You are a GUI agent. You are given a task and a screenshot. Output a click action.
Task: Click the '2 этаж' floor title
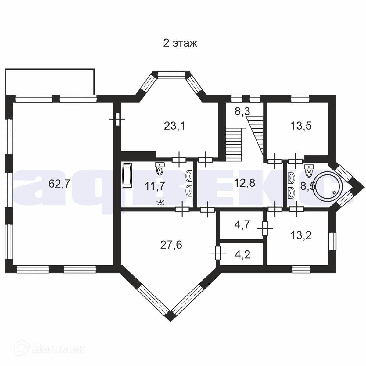coord(180,44)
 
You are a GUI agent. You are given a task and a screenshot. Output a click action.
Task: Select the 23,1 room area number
coord(174,126)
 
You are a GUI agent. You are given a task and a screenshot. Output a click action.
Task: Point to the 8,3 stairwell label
coord(242,112)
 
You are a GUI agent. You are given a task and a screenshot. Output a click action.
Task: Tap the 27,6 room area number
coord(171,245)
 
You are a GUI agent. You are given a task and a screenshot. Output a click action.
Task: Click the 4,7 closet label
coord(242,225)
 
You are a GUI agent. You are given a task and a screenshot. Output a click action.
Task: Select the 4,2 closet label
coord(242,254)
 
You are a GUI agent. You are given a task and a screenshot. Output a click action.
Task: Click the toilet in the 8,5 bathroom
coord(309,170)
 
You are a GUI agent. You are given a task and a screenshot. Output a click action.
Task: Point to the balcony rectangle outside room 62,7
coord(50,81)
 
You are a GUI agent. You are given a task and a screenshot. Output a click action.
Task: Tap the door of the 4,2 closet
coord(218,253)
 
